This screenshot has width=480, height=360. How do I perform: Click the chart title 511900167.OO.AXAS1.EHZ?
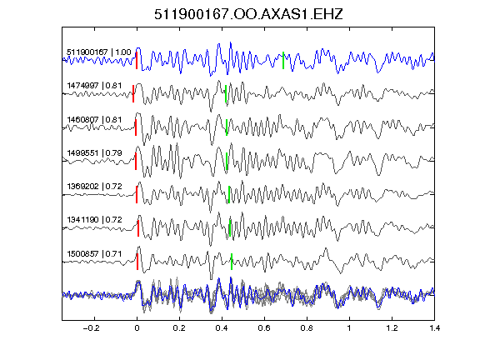click(x=248, y=14)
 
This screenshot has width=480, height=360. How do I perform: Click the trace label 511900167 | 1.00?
click(x=99, y=52)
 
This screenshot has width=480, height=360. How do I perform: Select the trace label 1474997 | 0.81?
click(x=94, y=85)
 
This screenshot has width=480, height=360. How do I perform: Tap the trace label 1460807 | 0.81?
click(x=94, y=119)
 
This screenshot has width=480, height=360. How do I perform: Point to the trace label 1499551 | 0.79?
click(x=94, y=152)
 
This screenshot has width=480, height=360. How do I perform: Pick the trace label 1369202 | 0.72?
click(x=94, y=186)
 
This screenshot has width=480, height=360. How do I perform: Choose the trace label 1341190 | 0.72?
click(x=94, y=219)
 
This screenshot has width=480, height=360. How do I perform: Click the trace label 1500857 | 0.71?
click(x=94, y=254)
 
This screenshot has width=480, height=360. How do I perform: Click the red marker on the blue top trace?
click(x=137, y=61)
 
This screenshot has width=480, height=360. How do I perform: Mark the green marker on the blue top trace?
click(x=283, y=61)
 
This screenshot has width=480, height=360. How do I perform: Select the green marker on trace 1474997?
click(x=226, y=93)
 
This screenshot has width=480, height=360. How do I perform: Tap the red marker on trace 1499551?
click(x=136, y=161)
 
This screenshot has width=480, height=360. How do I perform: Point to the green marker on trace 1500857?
click(x=232, y=262)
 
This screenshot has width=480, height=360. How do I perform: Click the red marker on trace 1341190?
click(x=138, y=228)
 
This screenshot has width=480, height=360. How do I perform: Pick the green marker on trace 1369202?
click(x=229, y=194)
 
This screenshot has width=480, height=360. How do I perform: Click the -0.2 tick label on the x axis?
click(x=91, y=328)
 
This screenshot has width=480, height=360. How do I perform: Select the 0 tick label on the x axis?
click(x=137, y=328)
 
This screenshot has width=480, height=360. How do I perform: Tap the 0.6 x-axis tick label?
click(x=264, y=328)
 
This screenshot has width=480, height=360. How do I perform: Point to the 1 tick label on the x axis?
click(x=349, y=328)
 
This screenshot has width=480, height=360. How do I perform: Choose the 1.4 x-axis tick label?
click(x=434, y=328)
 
